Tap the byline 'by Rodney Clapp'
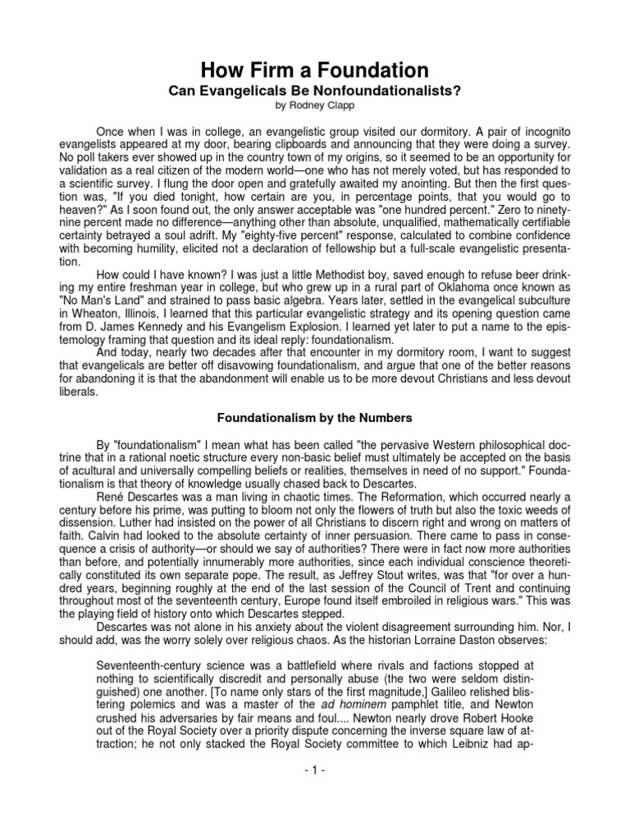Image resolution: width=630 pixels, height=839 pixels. pyautogui.click(x=315, y=107)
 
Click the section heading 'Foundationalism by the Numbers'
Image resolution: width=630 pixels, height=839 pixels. pyautogui.click(x=315, y=415)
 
